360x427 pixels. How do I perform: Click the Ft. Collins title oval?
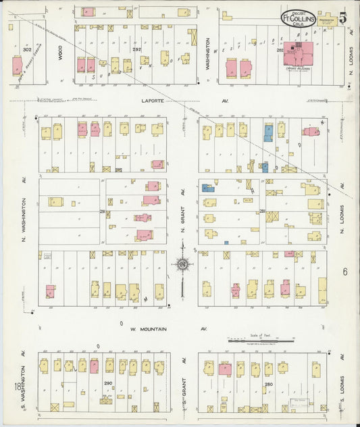click(299, 17)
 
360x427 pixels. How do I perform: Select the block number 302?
click(26, 49)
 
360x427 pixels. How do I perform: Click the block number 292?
click(137, 49)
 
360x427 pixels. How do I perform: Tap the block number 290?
click(107, 383)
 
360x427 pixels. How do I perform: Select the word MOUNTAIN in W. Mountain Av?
click(160, 329)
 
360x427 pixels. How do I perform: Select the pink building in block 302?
click(17, 66)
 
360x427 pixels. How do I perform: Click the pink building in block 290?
click(94, 366)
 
